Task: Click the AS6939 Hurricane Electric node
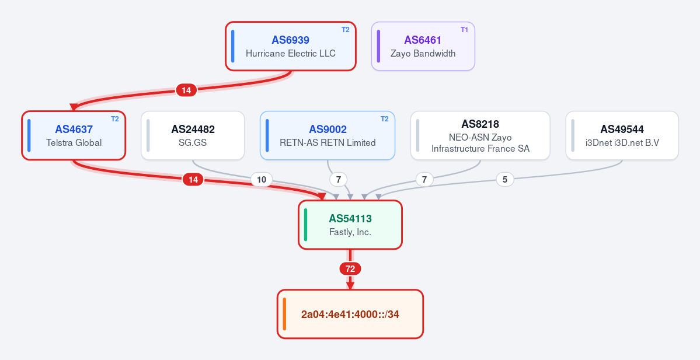pos(291,47)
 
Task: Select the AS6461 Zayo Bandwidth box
pos(423,47)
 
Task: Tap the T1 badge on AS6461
pos(464,30)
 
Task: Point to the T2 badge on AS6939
pos(346,30)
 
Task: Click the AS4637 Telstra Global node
pos(74,135)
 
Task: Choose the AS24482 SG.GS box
pos(193,135)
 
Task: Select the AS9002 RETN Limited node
pos(328,135)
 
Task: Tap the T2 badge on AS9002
pos(384,119)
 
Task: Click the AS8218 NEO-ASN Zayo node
pos(480,135)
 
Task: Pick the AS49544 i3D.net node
pos(622,135)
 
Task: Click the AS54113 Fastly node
pos(350,225)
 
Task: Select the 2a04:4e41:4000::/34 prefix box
pos(350,314)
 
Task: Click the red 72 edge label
pos(350,269)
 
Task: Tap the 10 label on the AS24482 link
pos(262,180)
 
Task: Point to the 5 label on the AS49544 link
pos(505,180)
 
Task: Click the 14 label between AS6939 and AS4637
pos(186,90)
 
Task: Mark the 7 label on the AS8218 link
pos(424,180)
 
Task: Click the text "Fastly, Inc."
pos(350,232)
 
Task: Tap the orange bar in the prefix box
pos(284,314)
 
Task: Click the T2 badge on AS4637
pos(115,119)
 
